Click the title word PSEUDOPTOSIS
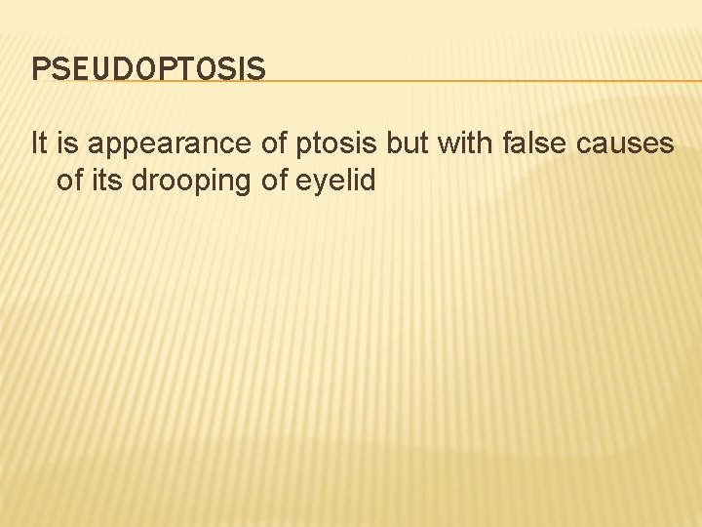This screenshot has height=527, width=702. [x=148, y=69]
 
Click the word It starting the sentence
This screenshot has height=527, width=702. [x=38, y=144]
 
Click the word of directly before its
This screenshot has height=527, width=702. [x=69, y=180]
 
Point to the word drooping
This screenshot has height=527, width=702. [x=187, y=182]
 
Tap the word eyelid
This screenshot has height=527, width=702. [x=331, y=182]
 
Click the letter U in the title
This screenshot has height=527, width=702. [x=101, y=69]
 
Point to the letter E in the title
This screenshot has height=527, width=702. [x=81, y=69]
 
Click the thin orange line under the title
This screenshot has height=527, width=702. [x=439, y=81]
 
